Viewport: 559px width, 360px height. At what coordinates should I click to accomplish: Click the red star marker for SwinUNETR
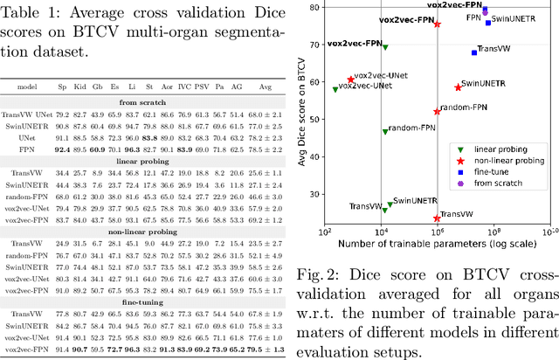(458, 87)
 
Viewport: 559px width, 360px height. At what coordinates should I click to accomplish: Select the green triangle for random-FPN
(384, 131)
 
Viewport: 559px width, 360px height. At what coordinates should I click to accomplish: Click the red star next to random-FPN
(438, 111)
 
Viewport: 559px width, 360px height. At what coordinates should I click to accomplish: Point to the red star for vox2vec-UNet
(351, 80)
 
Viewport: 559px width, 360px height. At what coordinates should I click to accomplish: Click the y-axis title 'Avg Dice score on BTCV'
(300, 113)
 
